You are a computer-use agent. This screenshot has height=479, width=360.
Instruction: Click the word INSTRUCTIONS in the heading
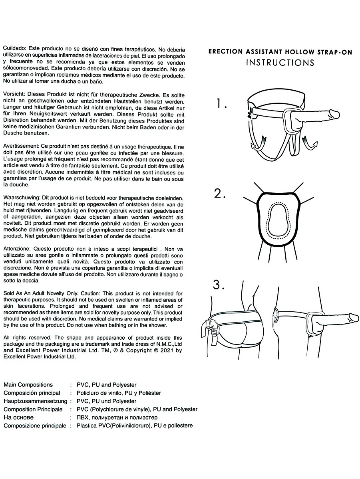pos(280,63)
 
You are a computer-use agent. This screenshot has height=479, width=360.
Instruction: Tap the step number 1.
pos(221,104)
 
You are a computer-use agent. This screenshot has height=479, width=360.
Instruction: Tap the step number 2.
pos(220,194)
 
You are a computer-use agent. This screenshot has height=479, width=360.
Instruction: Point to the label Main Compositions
pos(28,385)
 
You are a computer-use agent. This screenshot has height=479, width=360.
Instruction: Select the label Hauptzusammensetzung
pos(35,401)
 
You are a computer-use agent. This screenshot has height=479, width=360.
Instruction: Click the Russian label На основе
pos(18,418)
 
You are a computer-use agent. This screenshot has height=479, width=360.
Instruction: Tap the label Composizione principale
pos(35,426)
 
